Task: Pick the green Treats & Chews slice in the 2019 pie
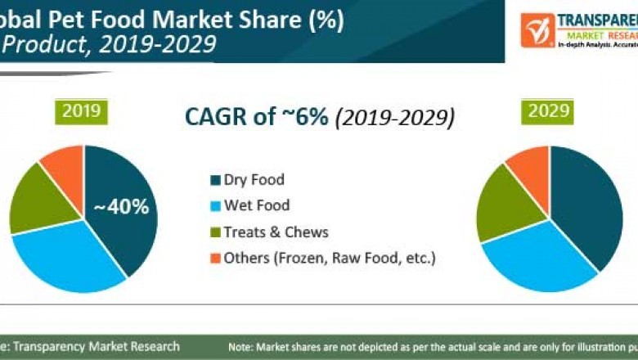point(34,196)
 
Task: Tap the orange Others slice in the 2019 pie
point(64,162)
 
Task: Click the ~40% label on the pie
point(120,208)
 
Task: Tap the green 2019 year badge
point(82,111)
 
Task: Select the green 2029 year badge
point(548,111)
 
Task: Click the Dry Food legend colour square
point(215,180)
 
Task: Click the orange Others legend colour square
point(215,259)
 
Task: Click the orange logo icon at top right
point(537,29)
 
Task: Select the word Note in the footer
point(241,347)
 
